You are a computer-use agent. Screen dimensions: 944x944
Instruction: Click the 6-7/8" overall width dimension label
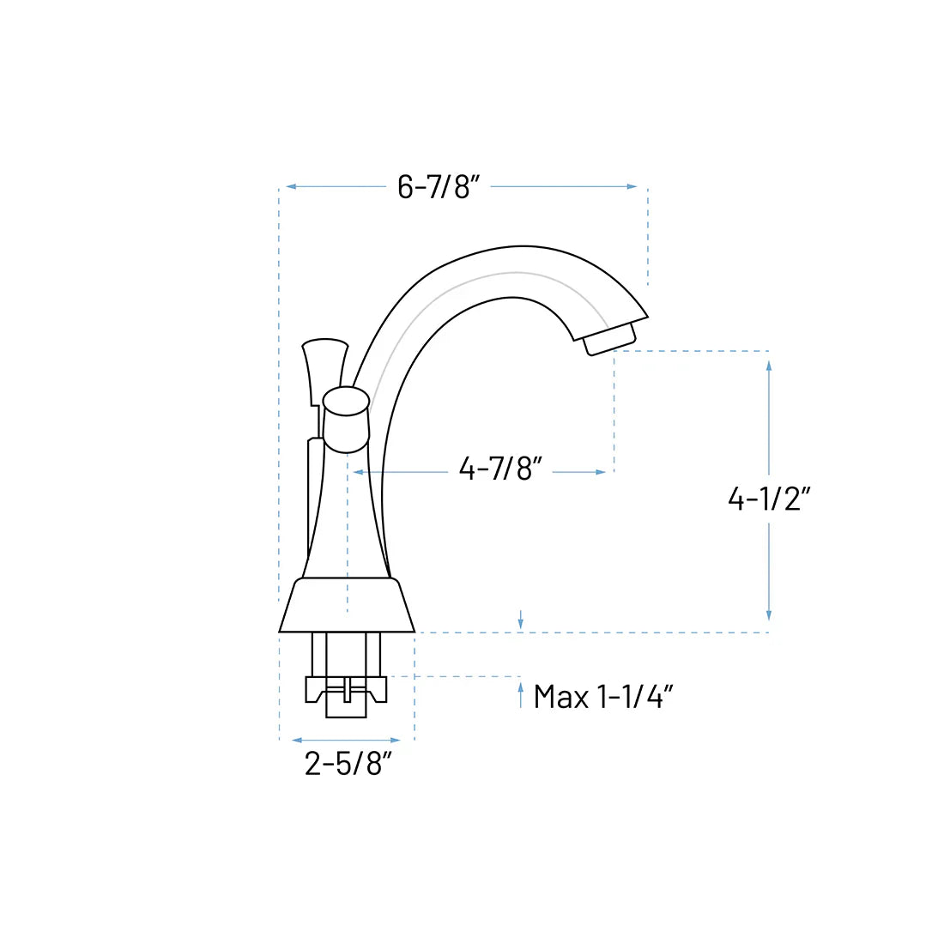pyautogui.click(x=438, y=186)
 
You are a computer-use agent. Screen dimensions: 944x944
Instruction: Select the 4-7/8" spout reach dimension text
pyautogui.click(x=500, y=469)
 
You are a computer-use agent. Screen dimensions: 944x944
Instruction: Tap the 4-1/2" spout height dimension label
pyautogui.click(x=769, y=498)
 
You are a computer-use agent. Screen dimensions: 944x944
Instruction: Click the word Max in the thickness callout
pyautogui.click(x=561, y=697)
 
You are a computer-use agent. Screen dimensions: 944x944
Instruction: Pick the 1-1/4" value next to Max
pyautogui.click(x=634, y=697)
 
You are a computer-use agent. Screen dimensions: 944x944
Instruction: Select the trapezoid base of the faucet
pyautogui.click(x=347, y=606)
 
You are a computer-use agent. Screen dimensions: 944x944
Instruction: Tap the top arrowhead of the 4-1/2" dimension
pyautogui.click(x=769, y=365)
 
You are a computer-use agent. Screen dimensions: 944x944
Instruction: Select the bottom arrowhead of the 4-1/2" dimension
pyautogui.click(x=769, y=614)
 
